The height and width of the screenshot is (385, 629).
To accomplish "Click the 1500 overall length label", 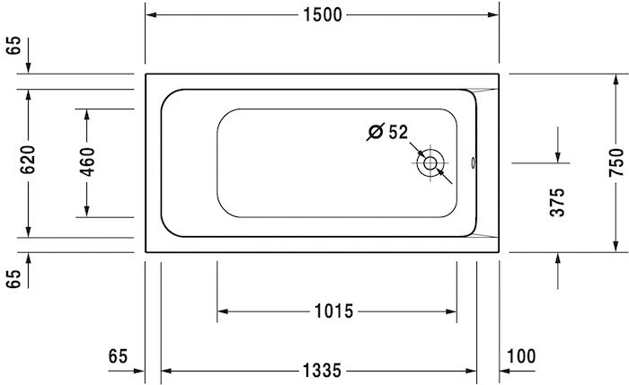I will [x=323, y=15].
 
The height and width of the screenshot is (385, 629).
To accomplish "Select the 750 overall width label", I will [x=616, y=162].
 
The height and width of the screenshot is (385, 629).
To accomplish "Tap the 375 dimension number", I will [x=557, y=204].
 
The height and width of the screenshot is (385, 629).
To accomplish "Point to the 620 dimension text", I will [x=28, y=160].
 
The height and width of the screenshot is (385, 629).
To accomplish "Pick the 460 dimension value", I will [x=88, y=162].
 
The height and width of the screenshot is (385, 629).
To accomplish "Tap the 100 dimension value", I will [x=521, y=356].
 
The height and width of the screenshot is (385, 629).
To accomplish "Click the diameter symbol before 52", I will [x=376, y=133].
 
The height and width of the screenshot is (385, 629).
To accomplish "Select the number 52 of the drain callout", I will [x=399, y=133].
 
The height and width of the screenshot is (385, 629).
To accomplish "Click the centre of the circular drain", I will [x=431, y=163].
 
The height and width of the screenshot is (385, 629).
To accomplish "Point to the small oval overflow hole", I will [x=476, y=163].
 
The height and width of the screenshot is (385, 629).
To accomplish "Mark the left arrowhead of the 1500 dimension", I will [x=151, y=15].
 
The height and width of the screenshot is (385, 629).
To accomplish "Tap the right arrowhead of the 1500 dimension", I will [x=495, y=15].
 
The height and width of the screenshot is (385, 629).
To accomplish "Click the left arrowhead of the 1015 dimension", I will [x=222, y=311].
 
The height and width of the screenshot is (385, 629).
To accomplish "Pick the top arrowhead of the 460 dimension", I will [x=88, y=113].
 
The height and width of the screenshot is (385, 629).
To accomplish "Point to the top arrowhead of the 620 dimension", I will [x=28, y=94].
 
